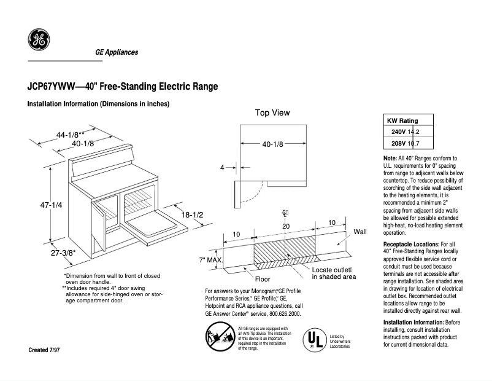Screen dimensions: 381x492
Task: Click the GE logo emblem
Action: (39, 40)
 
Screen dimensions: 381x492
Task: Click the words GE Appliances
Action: (117, 52)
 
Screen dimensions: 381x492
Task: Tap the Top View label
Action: (272, 113)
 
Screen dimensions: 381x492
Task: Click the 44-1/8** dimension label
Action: (71, 135)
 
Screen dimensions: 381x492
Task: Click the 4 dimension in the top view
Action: (223, 167)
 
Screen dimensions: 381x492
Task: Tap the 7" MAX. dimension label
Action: (210, 261)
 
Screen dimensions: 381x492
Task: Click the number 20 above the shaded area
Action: (286, 226)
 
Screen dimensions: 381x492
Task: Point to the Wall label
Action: (360, 232)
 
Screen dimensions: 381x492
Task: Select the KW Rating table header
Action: (401, 120)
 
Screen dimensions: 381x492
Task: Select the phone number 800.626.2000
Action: (280, 313)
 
